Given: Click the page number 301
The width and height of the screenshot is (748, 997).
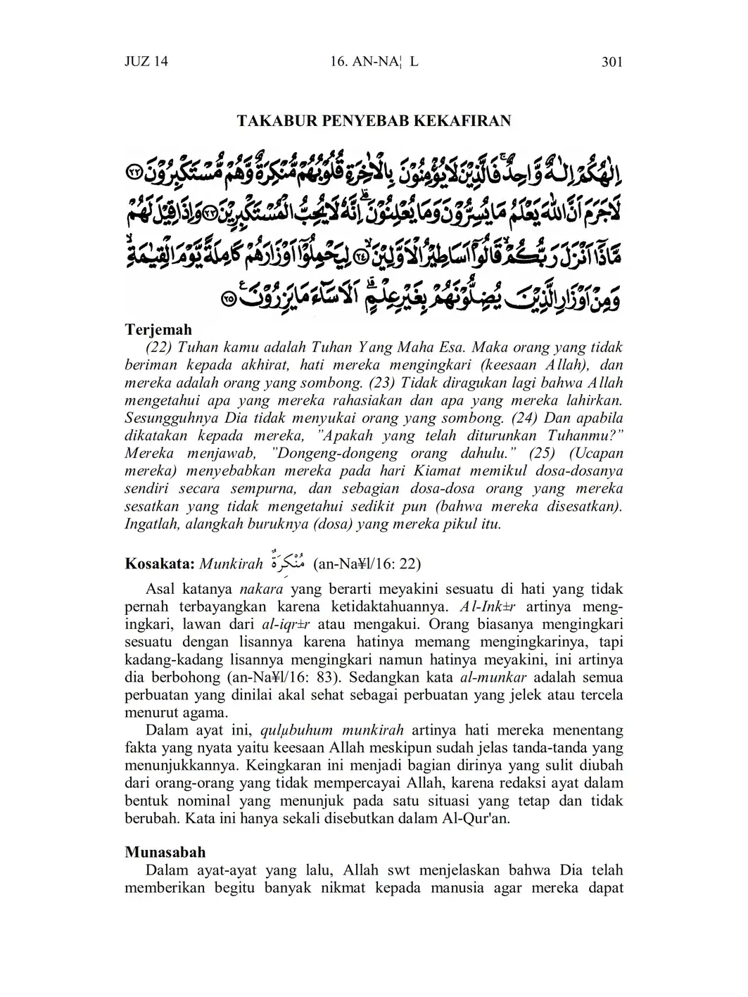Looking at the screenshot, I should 612,62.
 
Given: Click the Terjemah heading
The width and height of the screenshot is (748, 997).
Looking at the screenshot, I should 158,329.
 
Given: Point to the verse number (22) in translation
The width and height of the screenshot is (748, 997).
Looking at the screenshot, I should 159,348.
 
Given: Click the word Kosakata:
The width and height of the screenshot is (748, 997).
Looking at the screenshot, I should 160,564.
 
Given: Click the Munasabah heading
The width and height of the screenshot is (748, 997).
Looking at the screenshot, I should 165,852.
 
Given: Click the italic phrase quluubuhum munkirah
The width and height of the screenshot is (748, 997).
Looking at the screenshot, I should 330,728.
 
